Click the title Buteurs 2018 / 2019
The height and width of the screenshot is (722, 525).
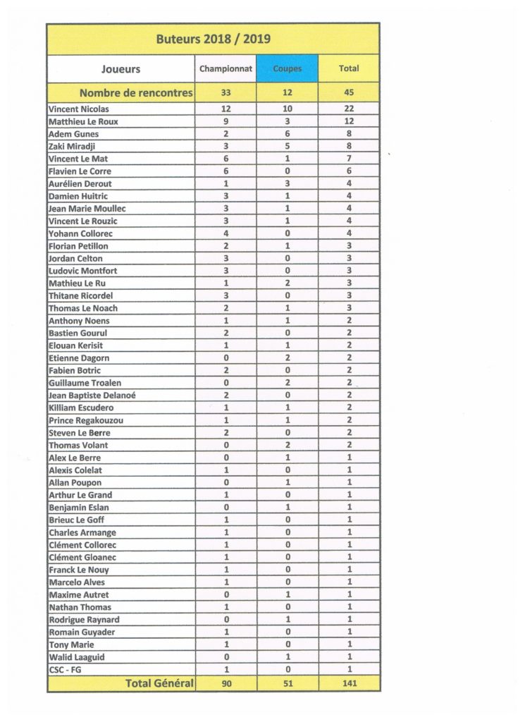tap(213, 39)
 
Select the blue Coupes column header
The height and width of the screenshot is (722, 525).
tap(287, 69)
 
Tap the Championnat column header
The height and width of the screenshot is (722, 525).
tap(226, 69)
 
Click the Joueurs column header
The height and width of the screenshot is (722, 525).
tap(121, 69)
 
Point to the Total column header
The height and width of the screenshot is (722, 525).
tap(349, 69)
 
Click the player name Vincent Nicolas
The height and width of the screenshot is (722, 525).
tap(79, 109)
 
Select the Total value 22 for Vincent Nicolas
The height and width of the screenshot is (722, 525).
tap(349, 109)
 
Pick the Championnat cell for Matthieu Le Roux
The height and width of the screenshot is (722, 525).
tap(226, 121)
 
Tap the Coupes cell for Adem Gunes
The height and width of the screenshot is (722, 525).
tap(287, 134)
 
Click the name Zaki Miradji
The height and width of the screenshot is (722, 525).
tap(73, 147)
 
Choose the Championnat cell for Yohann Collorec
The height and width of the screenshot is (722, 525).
tap(226, 233)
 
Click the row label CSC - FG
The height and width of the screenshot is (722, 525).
tap(65, 669)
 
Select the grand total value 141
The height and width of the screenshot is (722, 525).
tap(349, 683)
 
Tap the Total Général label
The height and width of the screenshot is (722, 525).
tap(159, 683)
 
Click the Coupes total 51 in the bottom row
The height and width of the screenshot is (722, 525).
tap(287, 683)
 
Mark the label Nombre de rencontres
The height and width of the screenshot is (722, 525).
tap(136, 92)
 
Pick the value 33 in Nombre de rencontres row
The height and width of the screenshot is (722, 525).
tap(226, 92)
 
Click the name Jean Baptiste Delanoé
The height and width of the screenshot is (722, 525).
tap(92, 396)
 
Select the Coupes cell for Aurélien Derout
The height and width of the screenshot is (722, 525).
tap(287, 184)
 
